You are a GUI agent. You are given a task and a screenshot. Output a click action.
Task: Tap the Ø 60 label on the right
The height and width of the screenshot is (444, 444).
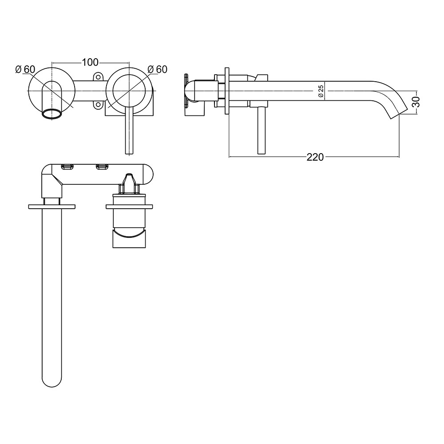click(157, 69)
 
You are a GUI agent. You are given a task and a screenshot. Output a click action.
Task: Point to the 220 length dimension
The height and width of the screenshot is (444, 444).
click(314, 157)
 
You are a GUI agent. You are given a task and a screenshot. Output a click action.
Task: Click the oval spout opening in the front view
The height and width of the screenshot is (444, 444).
click(52, 113)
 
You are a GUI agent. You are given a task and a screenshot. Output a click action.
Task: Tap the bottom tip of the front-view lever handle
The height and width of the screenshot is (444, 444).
click(129, 152)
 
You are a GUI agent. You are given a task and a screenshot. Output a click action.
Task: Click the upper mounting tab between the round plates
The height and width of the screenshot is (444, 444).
click(97, 77)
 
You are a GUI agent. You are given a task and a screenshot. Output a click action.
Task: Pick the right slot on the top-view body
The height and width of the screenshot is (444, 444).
click(101, 166)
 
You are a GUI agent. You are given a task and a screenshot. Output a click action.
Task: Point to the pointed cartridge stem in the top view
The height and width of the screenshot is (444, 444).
click(129, 180)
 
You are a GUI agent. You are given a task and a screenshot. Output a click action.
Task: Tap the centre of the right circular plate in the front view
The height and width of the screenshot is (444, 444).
click(129, 89)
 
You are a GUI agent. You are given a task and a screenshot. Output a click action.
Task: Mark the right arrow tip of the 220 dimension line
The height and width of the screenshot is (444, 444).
click(398, 157)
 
